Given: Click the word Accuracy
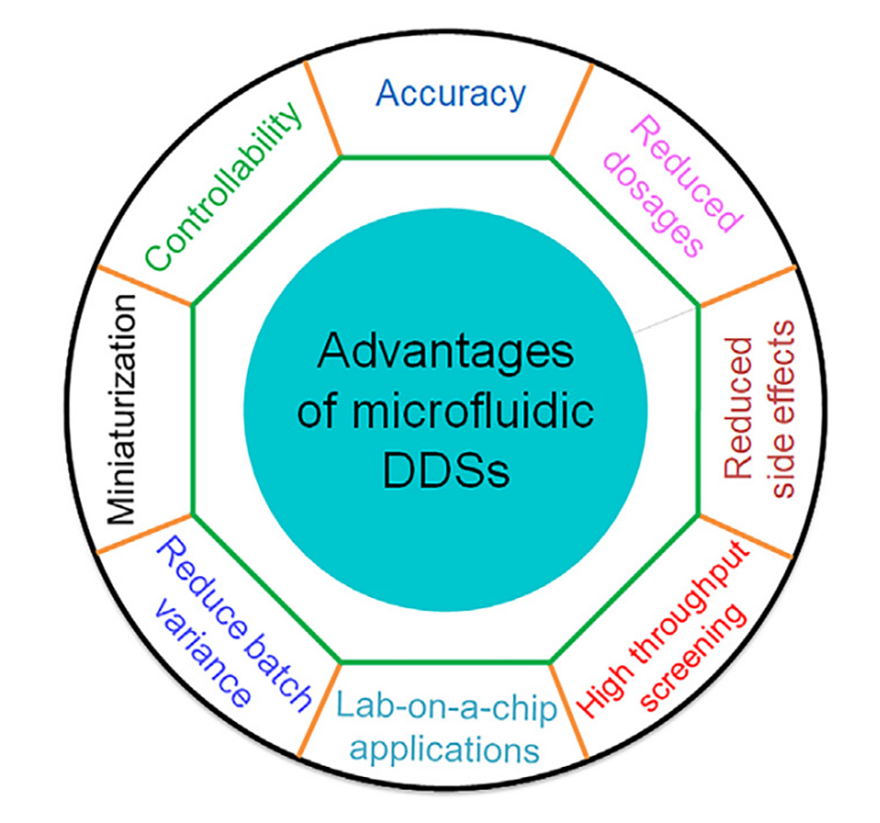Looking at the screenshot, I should coord(451,94).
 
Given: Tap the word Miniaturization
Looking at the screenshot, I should coord(123,409).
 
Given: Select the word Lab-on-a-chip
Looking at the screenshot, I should coord(447,709).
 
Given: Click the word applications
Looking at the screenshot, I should coord(446,747).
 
